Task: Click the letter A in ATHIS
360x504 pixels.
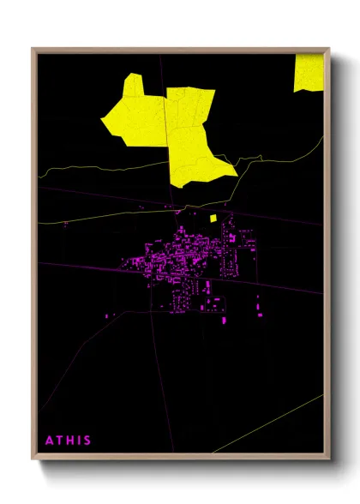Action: pyautogui.click(x=50, y=441)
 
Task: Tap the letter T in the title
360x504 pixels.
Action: pyautogui.click(x=61, y=441)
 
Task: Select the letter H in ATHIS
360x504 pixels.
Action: pyautogui.click(x=71, y=441)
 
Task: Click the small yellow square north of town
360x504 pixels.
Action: pyautogui.click(x=213, y=219)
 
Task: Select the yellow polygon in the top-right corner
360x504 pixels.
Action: pyautogui.click(x=309, y=73)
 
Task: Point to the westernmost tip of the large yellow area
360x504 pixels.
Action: pyautogui.click(x=102, y=121)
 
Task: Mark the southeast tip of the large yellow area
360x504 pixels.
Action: pyautogui.click(x=237, y=174)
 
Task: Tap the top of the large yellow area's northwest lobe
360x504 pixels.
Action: pyautogui.click(x=133, y=75)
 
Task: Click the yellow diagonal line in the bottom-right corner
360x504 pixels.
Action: pyautogui.click(x=274, y=423)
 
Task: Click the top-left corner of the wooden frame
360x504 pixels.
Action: pyautogui.click(x=33, y=49)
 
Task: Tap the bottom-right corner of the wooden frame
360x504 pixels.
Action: pyautogui.click(x=329, y=458)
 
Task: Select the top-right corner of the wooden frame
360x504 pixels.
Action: pyautogui.click(x=329, y=49)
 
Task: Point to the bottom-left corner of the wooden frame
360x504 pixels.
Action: pyautogui.click(x=33, y=458)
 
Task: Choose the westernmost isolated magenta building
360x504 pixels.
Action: pyautogui.click(x=107, y=316)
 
